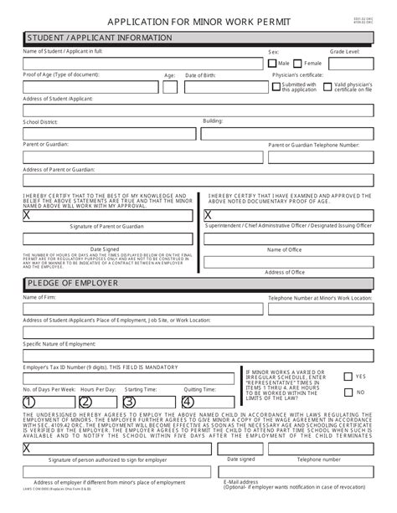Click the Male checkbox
point(273,63)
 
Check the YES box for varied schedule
point(348,377)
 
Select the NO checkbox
point(348,392)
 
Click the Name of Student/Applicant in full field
point(134,63)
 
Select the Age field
point(170,86)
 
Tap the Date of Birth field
point(223,86)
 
